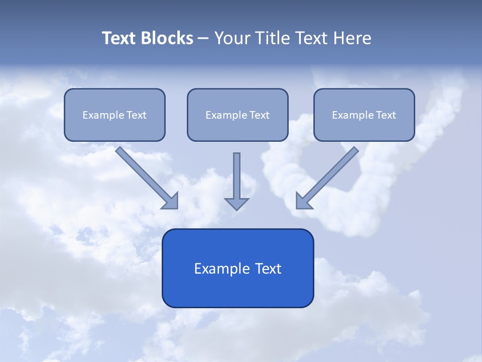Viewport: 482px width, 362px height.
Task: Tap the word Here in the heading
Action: pyautogui.click(x=351, y=38)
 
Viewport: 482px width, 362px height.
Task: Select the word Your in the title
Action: pyautogui.click(x=232, y=38)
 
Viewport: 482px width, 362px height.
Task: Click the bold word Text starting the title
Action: pyautogui.click(x=119, y=38)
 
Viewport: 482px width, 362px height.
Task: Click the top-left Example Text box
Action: pyautogui.click(x=114, y=115)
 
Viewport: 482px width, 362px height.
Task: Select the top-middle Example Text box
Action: pyautogui.click(x=237, y=115)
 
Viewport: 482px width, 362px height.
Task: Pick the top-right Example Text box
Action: pyautogui.click(x=364, y=115)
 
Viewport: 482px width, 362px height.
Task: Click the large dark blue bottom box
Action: pyautogui.click(x=237, y=268)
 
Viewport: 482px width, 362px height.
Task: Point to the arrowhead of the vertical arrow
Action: pyautogui.click(x=236, y=203)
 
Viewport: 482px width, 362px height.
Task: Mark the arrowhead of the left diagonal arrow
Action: pyautogui.click(x=171, y=201)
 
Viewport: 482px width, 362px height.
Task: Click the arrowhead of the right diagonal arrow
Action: pyautogui.click(x=303, y=201)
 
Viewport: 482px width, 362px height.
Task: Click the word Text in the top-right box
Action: pyautogui.click(x=386, y=115)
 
